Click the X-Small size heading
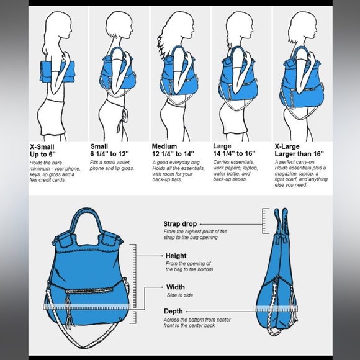click(x=42, y=147)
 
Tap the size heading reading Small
click(x=99, y=146)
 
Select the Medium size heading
click(x=164, y=146)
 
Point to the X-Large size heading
click(x=287, y=146)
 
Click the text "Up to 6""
click(x=43, y=155)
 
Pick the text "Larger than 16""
click(x=299, y=154)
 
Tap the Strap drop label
click(x=180, y=224)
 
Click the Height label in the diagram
click(x=176, y=256)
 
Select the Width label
click(x=176, y=287)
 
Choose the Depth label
click(x=173, y=312)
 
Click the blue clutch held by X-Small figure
click(x=57, y=71)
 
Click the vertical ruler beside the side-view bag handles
click(x=266, y=221)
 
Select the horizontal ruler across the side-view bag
click(x=276, y=309)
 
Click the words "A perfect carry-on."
click(x=295, y=162)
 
